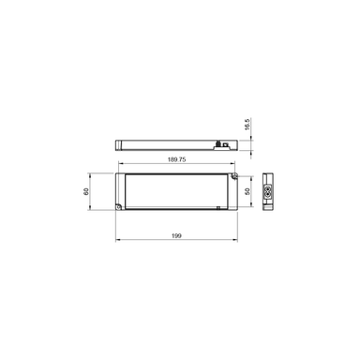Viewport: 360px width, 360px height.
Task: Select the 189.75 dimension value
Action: [176, 160]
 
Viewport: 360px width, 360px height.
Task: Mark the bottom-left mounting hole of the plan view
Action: [120, 205]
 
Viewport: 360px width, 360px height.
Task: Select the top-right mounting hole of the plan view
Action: [230, 176]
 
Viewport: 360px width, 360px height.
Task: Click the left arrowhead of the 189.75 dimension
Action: [121, 166]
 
